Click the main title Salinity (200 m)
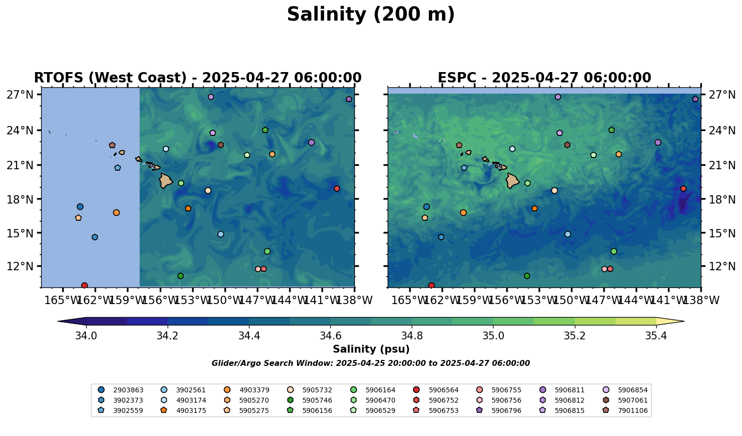371,15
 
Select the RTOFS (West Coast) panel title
198,78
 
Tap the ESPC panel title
544,78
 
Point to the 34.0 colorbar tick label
86,336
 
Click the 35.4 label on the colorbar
656,336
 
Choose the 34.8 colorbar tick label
412,336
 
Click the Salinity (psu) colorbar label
371,349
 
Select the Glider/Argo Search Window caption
371,363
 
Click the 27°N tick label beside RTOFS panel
20,95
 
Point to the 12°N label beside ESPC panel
721,267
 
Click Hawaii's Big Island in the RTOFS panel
166,180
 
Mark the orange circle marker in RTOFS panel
116,212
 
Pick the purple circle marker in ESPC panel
658,142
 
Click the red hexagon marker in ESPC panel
683,188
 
